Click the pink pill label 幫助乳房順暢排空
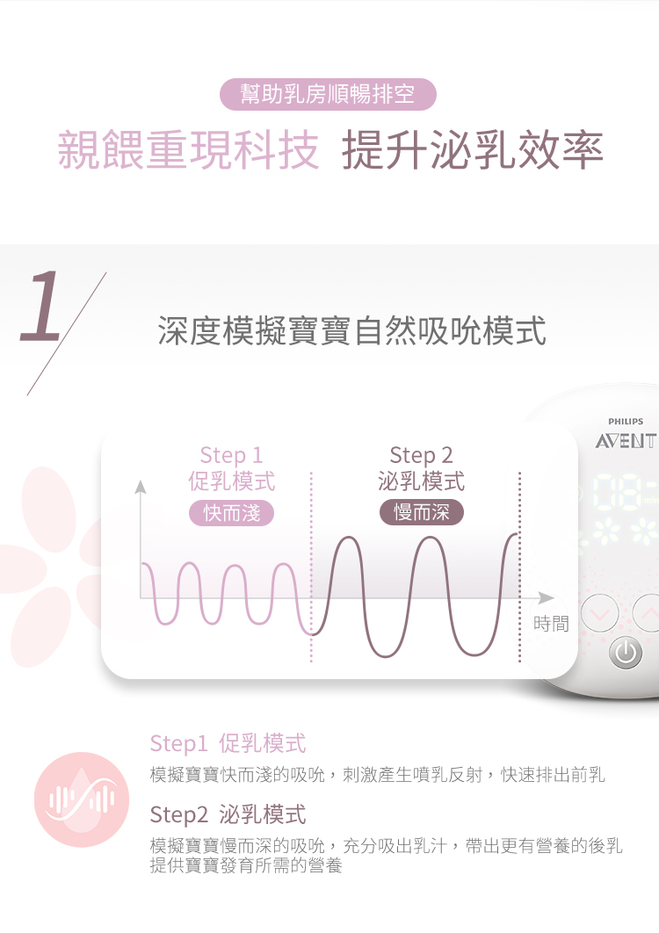click(x=328, y=94)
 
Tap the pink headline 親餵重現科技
click(x=188, y=150)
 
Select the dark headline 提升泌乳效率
click(x=473, y=150)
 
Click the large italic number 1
click(x=40, y=307)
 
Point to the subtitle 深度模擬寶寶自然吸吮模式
click(x=351, y=331)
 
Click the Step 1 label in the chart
click(x=232, y=455)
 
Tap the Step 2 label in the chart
click(x=422, y=455)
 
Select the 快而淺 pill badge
click(x=232, y=513)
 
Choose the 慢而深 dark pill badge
click(x=422, y=513)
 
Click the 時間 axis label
click(x=551, y=624)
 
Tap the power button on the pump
click(x=626, y=654)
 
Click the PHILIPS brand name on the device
click(x=626, y=422)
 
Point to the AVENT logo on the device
click(x=626, y=441)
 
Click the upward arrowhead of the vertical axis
click(x=141, y=488)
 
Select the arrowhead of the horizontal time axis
click(x=546, y=597)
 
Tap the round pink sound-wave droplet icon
click(x=82, y=799)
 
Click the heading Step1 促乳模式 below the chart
click(x=228, y=743)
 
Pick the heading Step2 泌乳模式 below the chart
click(x=228, y=814)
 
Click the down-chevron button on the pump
click(x=600, y=612)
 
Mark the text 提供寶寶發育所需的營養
click(x=246, y=864)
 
